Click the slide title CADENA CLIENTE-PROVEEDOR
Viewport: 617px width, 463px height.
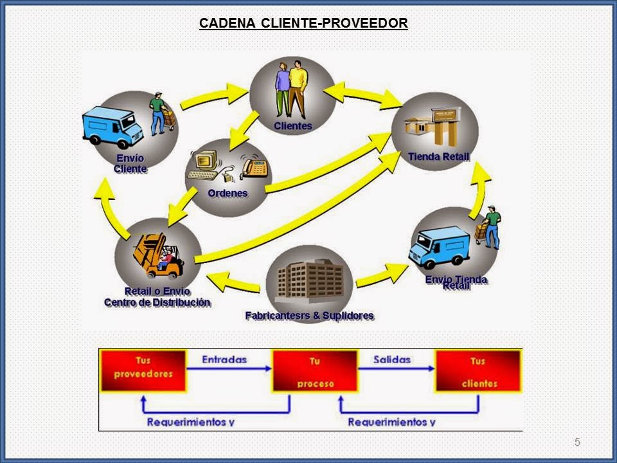[303, 24]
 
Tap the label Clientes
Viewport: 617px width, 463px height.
[292, 126]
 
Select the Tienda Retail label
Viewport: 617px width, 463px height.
[438, 157]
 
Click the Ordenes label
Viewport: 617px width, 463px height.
[228, 193]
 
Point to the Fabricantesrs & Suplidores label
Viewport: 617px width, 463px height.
[309, 316]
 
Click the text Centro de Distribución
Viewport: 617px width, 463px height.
[157, 302]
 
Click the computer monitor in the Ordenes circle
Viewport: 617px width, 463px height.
[204, 164]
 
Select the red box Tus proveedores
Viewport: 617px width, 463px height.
[143, 370]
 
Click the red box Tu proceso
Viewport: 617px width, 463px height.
[315, 371]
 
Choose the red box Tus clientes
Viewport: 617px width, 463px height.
[478, 371]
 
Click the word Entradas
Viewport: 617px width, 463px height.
[224, 360]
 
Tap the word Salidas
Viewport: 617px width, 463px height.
[392, 360]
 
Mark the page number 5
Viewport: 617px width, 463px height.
[577, 442]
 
